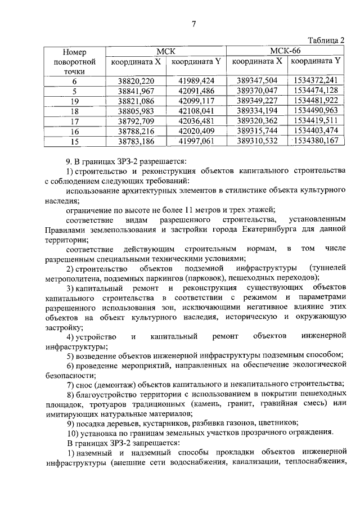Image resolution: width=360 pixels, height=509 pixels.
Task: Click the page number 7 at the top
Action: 193,24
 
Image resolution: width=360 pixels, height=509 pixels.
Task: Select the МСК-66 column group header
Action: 287,51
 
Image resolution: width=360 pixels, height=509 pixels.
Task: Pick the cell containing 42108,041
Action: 196,111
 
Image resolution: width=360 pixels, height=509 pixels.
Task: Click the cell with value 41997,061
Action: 196,141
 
